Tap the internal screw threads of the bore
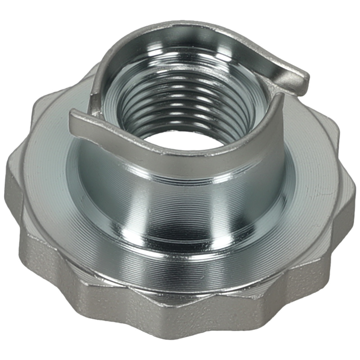187,101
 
